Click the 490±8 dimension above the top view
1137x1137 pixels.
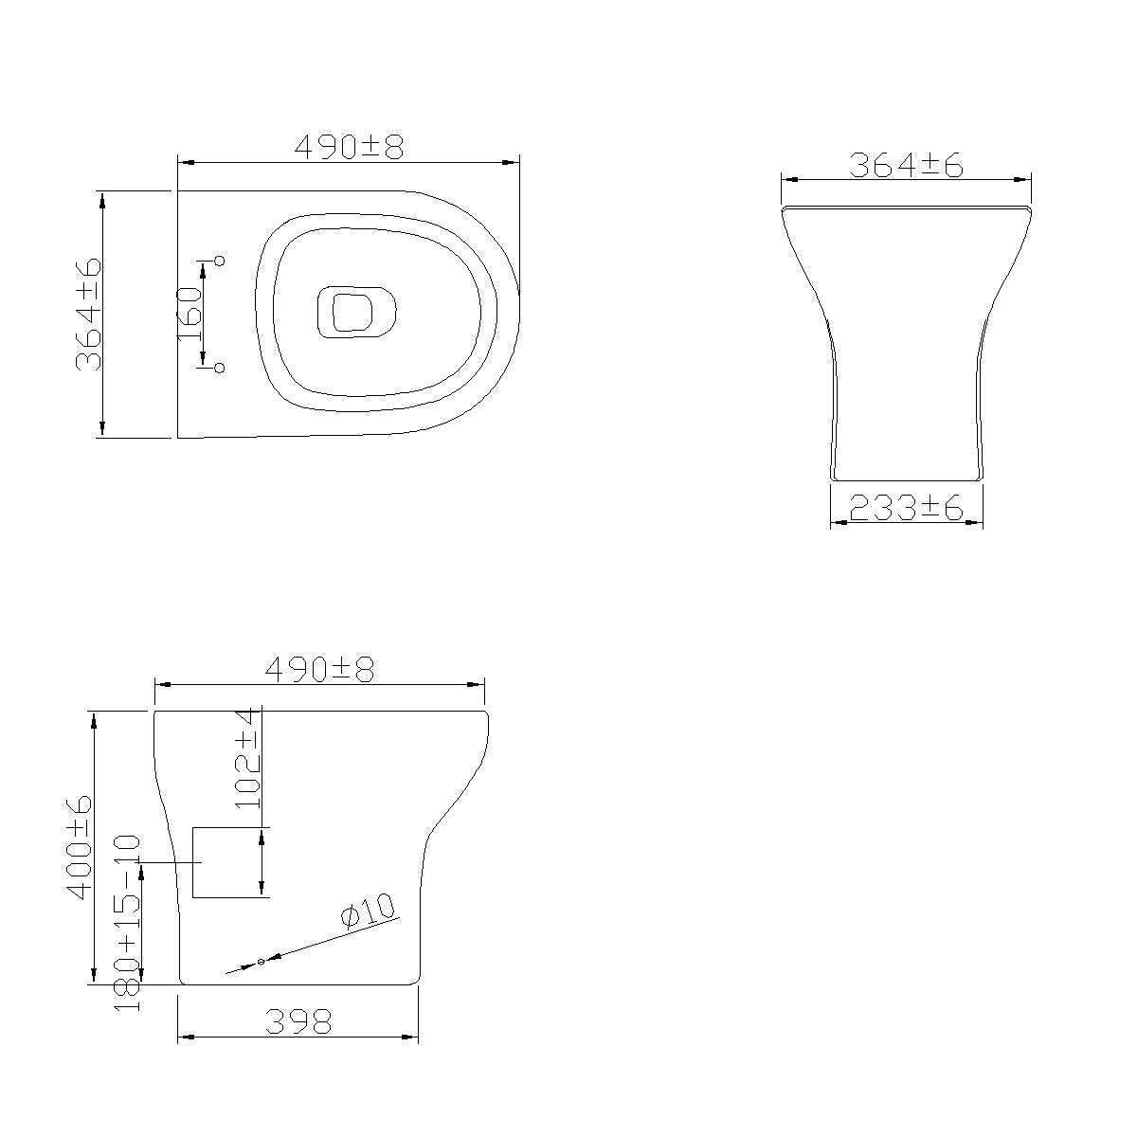(x=349, y=147)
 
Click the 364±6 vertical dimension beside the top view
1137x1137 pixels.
(x=88, y=314)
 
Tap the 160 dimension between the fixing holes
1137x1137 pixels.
(x=189, y=314)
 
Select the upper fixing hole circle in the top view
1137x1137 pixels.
(x=220, y=261)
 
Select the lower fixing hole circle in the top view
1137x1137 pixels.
(x=220, y=368)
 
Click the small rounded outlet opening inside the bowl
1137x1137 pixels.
(x=355, y=312)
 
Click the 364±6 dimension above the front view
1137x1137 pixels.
(x=906, y=165)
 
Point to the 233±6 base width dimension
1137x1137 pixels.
(x=906, y=510)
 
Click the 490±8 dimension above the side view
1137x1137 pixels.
(x=319, y=670)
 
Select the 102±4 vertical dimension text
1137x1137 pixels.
(x=248, y=758)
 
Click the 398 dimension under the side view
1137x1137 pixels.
(x=298, y=1022)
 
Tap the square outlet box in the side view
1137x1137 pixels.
(x=231, y=862)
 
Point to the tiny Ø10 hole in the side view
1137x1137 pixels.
(x=261, y=963)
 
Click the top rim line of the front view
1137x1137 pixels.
(x=906, y=207)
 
